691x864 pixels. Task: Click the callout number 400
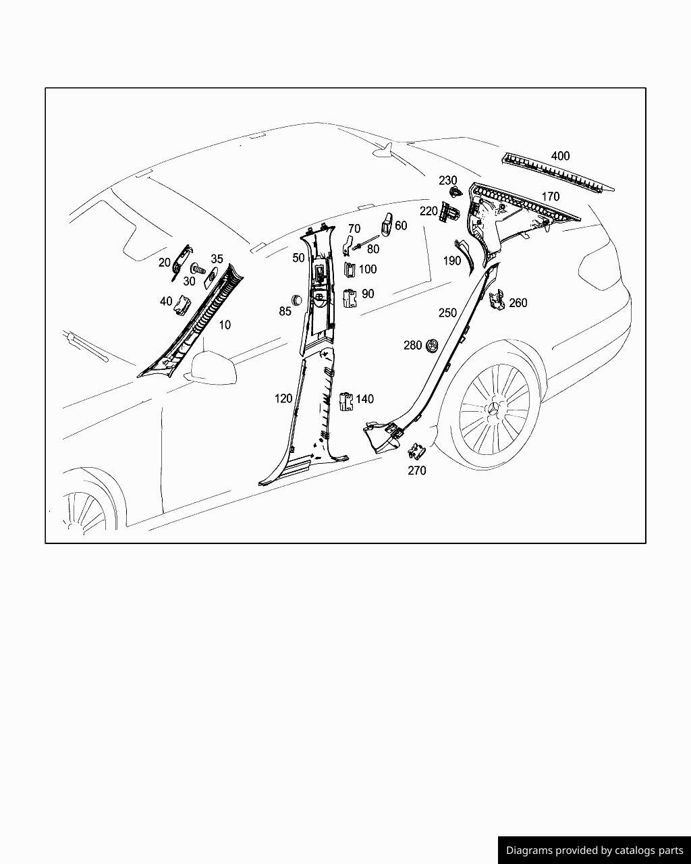point(560,156)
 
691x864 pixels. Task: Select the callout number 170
point(551,196)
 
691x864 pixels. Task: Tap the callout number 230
point(448,180)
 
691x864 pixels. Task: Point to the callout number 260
point(518,303)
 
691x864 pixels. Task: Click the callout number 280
point(413,345)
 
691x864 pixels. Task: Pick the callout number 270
point(417,470)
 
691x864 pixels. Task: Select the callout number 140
point(364,399)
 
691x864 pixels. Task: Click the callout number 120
point(283,398)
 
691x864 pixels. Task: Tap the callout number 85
point(285,310)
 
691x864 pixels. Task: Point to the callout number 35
point(217,259)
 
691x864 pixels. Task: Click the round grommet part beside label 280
point(433,346)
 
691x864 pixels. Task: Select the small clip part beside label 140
point(346,401)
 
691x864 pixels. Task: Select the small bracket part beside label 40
point(182,305)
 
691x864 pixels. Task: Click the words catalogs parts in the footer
point(652,850)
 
